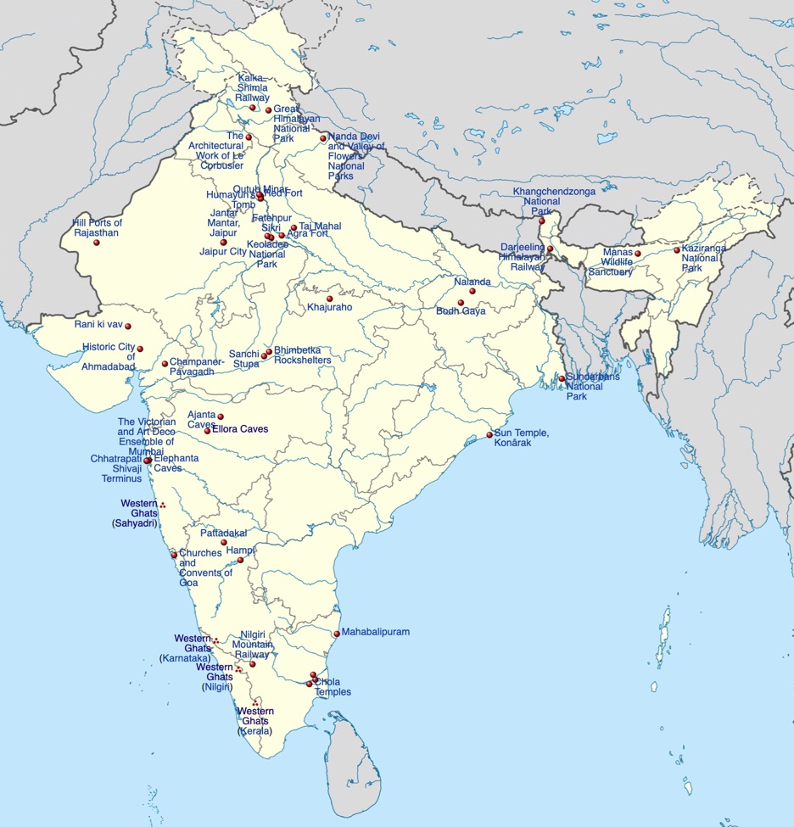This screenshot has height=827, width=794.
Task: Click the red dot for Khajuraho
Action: pyautogui.click(x=329, y=299)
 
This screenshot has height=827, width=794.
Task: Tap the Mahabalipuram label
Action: pyautogui.click(x=376, y=633)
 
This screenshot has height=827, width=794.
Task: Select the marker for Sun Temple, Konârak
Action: pyautogui.click(x=489, y=435)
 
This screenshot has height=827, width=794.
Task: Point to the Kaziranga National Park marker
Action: pyautogui.click(x=677, y=250)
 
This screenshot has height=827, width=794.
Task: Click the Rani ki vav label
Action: pyautogui.click(x=98, y=325)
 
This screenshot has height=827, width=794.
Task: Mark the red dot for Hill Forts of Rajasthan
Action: pyautogui.click(x=97, y=243)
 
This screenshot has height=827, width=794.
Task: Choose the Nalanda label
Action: pyautogui.click(x=472, y=282)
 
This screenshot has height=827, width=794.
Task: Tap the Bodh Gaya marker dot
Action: pyautogui.click(x=461, y=303)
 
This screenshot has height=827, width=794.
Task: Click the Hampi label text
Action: pyautogui.click(x=241, y=550)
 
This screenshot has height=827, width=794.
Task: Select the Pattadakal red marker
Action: pyautogui.click(x=224, y=543)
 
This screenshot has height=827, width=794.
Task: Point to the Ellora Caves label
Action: pyautogui.click(x=240, y=429)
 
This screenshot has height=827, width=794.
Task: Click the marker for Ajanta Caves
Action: pyautogui.click(x=221, y=416)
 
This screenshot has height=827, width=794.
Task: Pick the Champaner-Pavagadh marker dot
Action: pyautogui.click(x=165, y=364)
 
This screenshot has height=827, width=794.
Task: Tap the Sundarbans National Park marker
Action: pyautogui.click(x=562, y=378)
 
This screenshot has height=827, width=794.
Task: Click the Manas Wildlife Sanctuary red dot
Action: pyautogui.click(x=638, y=254)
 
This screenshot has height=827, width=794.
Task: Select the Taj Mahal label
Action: pyautogui.click(x=321, y=226)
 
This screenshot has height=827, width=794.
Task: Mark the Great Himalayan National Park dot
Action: pyautogui.click(x=269, y=110)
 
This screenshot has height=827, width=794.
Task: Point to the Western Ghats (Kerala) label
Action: pyautogui.click(x=255, y=721)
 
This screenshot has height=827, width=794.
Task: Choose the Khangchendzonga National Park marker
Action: pyautogui.click(x=542, y=221)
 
